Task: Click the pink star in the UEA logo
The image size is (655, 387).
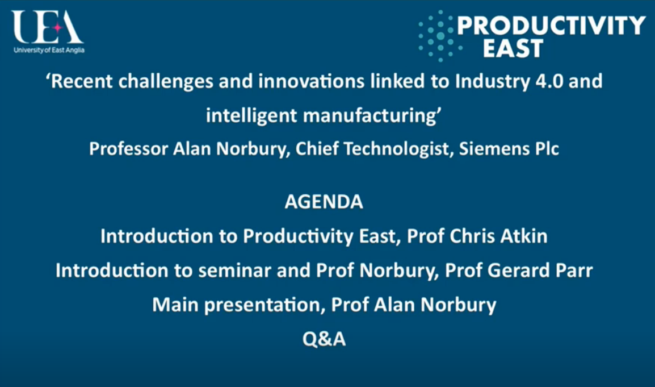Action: tap(57, 28)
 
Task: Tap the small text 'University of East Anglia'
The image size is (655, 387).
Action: tap(49, 50)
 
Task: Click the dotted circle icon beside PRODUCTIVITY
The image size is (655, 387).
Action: tap(438, 36)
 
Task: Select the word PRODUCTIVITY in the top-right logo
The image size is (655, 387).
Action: tap(551, 26)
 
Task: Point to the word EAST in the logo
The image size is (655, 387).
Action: tap(513, 48)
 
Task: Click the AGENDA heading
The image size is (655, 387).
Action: tap(324, 202)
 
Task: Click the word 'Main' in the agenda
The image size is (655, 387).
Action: tap(175, 305)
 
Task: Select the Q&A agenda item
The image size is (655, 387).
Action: tap(324, 339)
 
